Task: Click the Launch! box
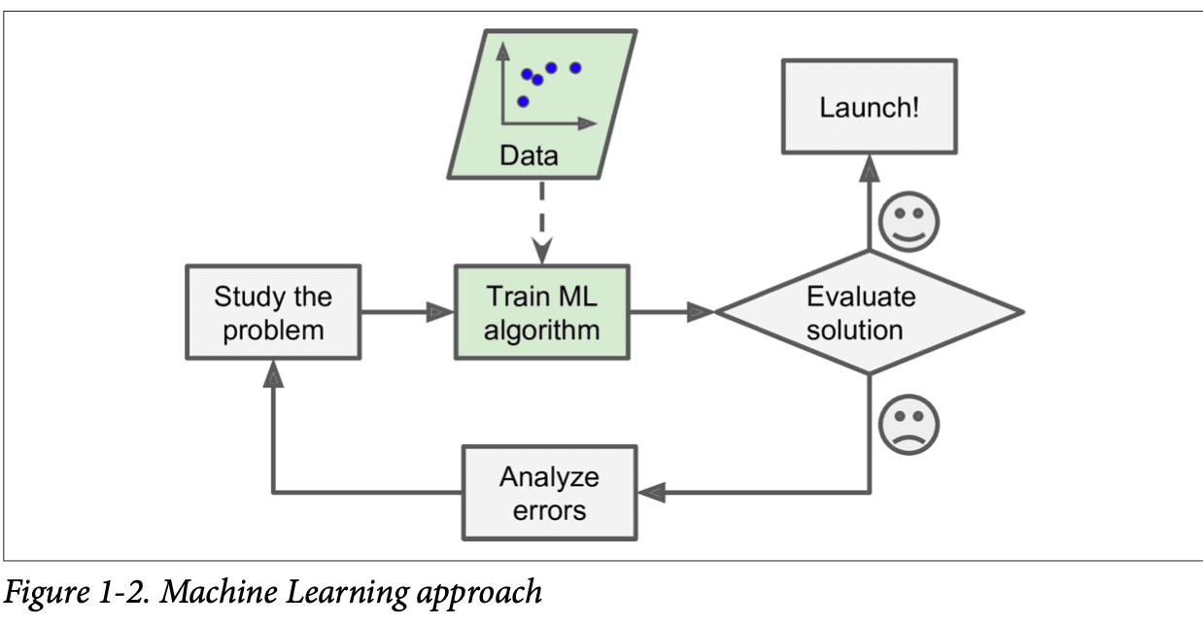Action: (869, 106)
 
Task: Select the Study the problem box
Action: (273, 312)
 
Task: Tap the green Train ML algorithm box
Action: (542, 312)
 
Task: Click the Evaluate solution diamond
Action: (868, 312)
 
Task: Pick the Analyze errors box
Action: (549, 493)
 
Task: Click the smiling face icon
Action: (909, 220)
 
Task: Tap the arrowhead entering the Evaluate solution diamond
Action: (702, 312)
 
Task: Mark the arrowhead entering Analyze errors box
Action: (651, 493)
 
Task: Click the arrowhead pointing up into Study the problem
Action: (274, 374)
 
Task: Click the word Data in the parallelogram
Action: (529, 155)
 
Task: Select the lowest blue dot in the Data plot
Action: (523, 101)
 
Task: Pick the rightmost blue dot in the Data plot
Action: (574, 67)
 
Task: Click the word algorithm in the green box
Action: (542, 329)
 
